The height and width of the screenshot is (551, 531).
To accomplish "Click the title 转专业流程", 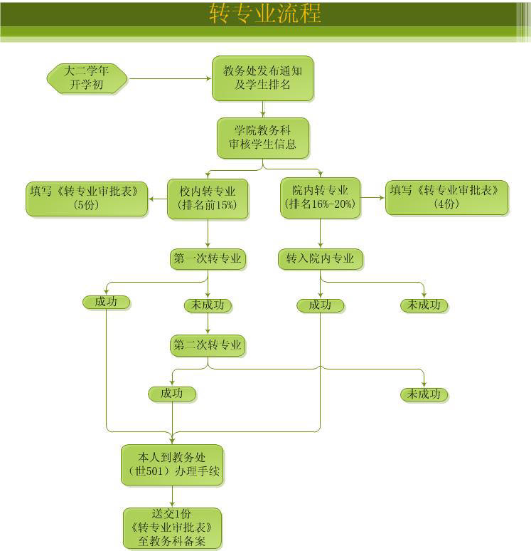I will coord(265,14).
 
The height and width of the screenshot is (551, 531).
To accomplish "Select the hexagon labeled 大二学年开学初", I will coord(87,78).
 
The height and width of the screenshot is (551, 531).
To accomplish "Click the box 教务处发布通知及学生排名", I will coord(262,78).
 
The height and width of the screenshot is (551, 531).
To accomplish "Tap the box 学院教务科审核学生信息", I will coord(262,137).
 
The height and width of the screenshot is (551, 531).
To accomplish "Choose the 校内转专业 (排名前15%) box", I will coord(208,198).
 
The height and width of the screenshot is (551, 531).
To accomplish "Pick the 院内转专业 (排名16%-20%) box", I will coord(320,198).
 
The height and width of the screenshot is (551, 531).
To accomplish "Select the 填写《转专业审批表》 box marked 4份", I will coord(447,198).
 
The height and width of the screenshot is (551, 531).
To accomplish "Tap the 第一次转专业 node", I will coord(208,259).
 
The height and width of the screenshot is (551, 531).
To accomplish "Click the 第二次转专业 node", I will coord(208,346).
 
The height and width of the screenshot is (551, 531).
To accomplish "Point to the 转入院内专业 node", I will coord(320,259).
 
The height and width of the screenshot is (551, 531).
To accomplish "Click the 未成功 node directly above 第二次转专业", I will coord(208,305).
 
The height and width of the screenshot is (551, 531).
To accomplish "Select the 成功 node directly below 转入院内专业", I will coord(320,305).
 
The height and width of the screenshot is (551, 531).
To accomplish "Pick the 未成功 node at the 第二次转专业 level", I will coord(424,394).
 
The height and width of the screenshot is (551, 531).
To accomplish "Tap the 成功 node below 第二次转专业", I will coord(172,394).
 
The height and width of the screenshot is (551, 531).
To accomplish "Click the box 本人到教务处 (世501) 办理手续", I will coord(172,465).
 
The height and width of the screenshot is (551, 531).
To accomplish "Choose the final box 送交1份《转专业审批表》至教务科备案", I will coord(172,528).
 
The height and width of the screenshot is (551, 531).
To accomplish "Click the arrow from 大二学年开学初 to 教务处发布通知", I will coord(171,78).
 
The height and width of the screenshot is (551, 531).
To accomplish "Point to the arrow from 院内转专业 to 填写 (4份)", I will coord(372,198).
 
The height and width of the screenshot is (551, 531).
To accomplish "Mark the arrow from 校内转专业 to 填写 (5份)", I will coord(157,198).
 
